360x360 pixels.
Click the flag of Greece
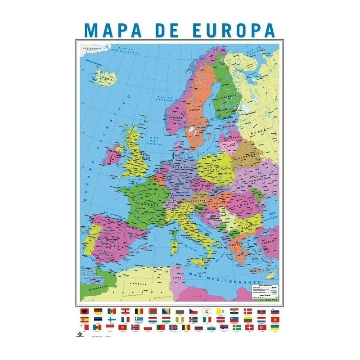pyautogui.click(x=139, y=319)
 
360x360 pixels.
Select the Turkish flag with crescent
pyautogui.click(x=262, y=328)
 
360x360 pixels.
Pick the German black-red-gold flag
pyautogui.click(x=98, y=311)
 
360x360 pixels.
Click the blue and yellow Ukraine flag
pyautogui.click(x=275, y=328)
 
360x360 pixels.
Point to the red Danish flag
pyautogui.click(x=248, y=311)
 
